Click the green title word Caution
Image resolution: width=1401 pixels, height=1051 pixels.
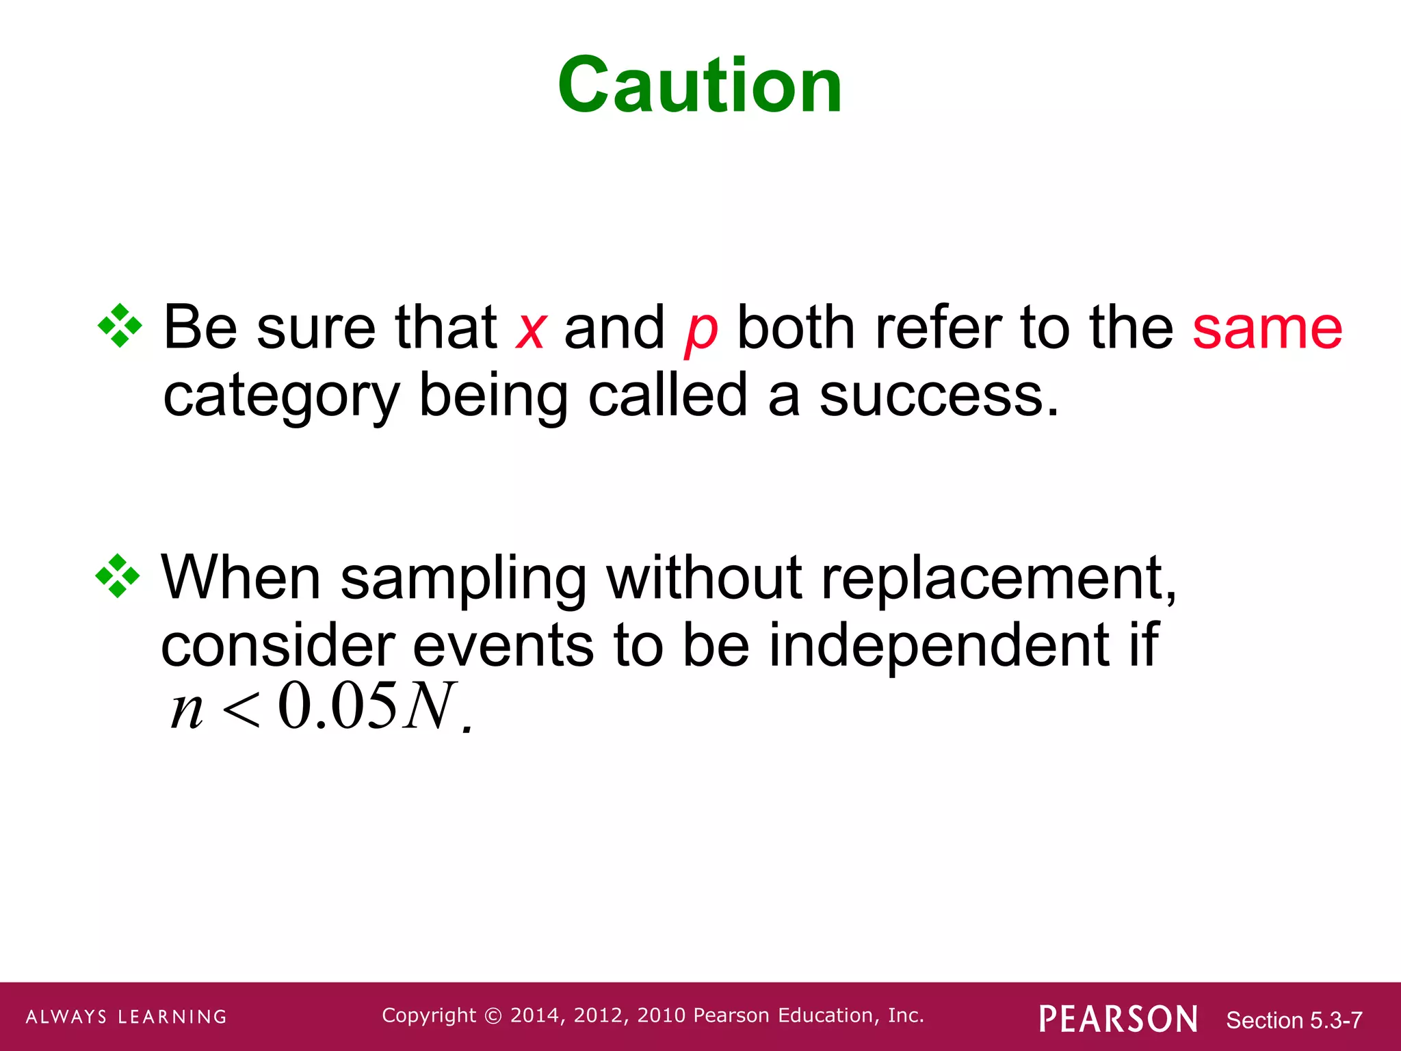point(699,85)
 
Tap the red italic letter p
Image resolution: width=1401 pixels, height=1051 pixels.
point(701,333)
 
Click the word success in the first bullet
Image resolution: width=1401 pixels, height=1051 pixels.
point(939,395)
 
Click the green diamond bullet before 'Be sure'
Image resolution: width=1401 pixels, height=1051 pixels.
point(120,326)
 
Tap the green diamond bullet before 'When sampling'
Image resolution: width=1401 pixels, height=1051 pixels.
point(117,575)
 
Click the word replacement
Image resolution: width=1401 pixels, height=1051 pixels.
point(997,579)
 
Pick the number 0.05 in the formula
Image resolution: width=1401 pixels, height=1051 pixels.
point(337,706)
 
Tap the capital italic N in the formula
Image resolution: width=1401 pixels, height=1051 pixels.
point(429,706)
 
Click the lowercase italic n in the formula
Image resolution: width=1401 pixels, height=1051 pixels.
point(186,710)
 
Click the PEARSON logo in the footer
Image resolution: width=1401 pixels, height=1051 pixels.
point(1118,1019)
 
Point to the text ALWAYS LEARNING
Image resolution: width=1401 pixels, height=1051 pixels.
point(127,1017)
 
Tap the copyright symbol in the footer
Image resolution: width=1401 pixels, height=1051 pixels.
point(493,1016)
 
